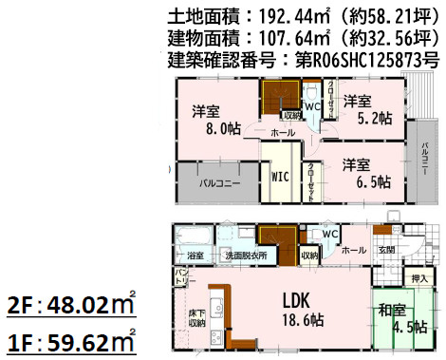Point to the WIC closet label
click(279, 177)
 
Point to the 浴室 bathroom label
click(195, 256)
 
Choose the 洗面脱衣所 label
click(245, 256)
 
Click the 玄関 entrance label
click(387, 250)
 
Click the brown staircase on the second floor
click(279, 96)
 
